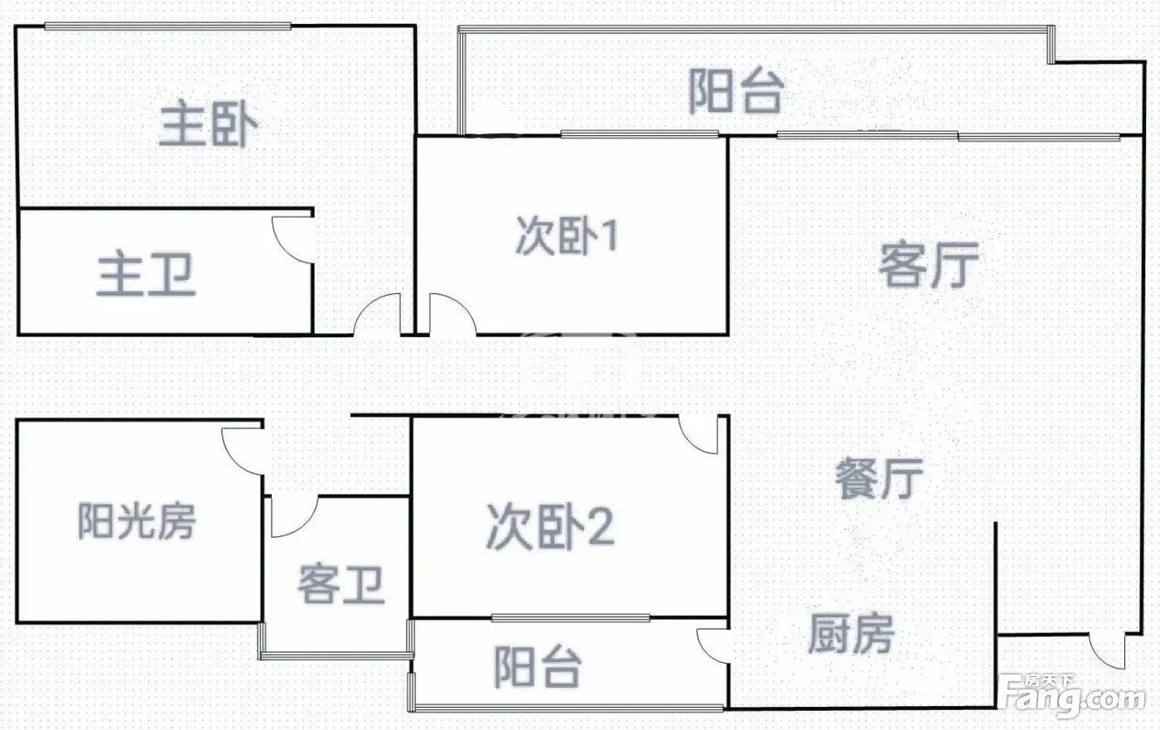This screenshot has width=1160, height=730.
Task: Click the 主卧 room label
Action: [208, 125]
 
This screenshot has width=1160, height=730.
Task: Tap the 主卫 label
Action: [146, 274]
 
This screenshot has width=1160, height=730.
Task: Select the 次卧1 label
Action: [567, 236]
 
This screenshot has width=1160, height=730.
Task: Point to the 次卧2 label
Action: [550, 526]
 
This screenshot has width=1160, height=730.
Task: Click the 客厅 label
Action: [929, 264]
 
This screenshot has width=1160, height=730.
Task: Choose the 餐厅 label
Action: [879, 479]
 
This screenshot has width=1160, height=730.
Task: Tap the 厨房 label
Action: [852, 633]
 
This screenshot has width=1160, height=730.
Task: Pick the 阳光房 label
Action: [138, 521]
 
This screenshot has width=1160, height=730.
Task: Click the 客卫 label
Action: [341, 584]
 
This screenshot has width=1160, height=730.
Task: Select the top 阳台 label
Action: [736, 90]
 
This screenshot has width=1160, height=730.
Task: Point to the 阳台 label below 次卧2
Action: [538, 667]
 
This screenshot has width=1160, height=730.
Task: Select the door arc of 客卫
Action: [306, 525]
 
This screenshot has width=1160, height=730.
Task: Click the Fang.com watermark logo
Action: [1072, 696]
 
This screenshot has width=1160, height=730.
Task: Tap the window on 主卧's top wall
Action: [167, 26]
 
